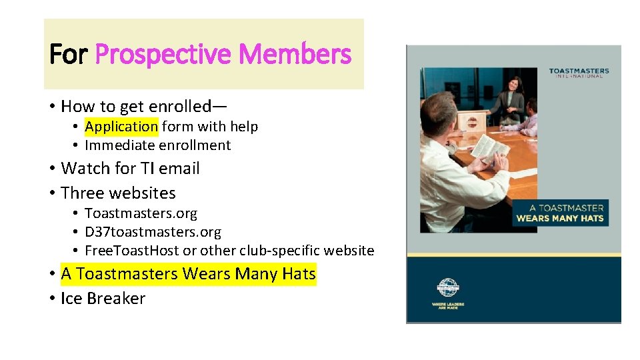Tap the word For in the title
[x=69, y=54]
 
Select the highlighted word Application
[x=121, y=127]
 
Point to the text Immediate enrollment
[x=157, y=145]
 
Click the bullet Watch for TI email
[x=130, y=169]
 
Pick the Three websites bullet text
[x=118, y=193]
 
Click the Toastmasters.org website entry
[x=141, y=214]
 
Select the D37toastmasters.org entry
[x=153, y=232]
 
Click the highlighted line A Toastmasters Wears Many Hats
[x=188, y=274]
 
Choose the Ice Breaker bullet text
[x=103, y=299]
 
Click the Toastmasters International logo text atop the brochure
[x=578, y=73]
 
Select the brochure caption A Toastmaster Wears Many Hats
[x=559, y=213]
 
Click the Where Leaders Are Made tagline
[x=447, y=306]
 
